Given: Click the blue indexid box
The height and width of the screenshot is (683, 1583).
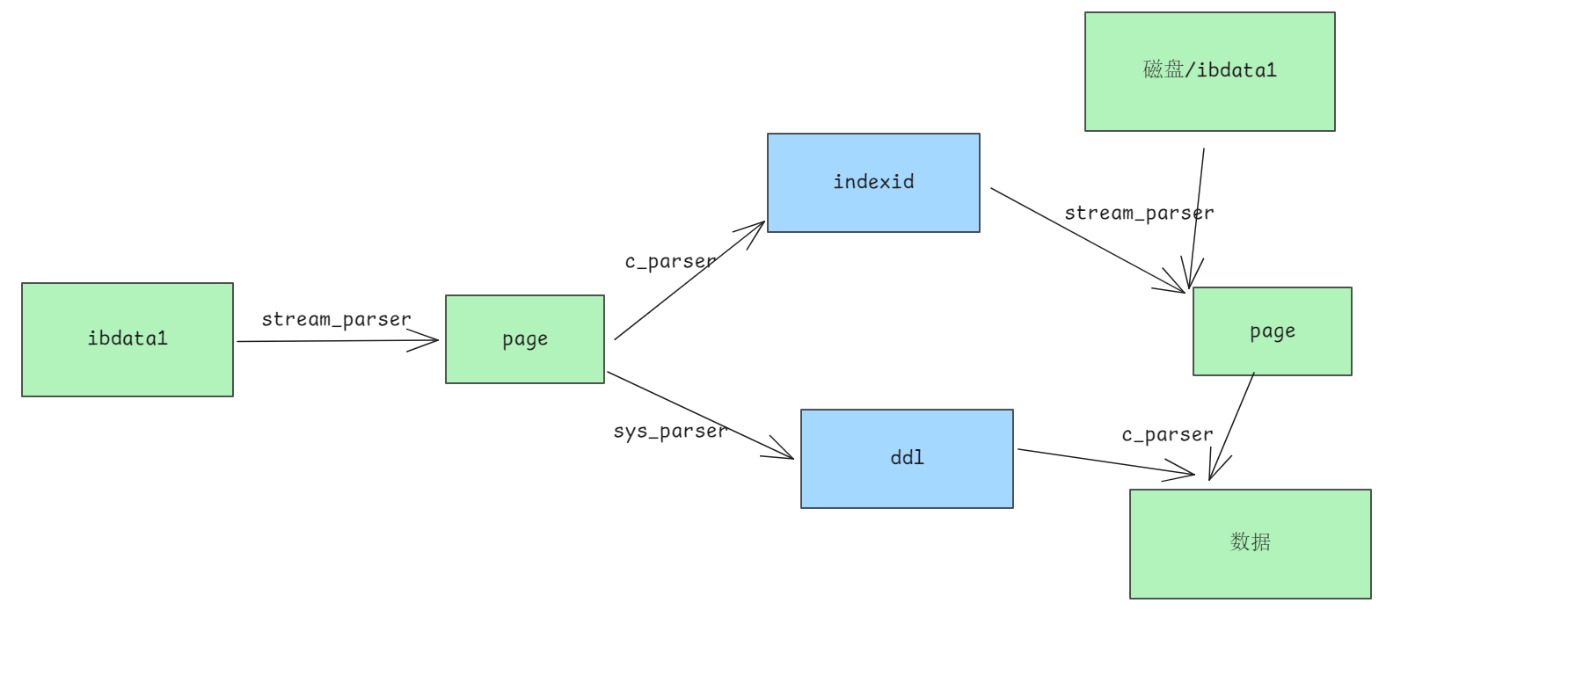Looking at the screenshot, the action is (x=873, y=183).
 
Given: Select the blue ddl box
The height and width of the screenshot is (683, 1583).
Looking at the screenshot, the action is (x=907, y=459).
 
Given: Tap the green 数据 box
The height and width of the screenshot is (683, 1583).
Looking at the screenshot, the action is (x=1251, y=544).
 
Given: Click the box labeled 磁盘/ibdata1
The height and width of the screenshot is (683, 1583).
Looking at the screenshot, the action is (x=1210, y=71).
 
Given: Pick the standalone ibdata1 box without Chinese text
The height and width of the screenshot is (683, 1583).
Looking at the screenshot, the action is (x=128, y=339).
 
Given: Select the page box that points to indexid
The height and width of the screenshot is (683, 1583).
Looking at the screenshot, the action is (x=525, y=339).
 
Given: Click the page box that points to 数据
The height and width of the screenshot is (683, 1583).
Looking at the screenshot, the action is (x=1273, y=331).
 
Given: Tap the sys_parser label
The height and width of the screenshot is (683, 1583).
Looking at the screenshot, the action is (x=671, y=431).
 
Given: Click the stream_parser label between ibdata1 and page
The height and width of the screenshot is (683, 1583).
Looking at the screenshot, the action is (x=336, y=319).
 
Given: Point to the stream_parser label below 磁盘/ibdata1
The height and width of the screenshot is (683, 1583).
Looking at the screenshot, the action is (x=1139, y=213).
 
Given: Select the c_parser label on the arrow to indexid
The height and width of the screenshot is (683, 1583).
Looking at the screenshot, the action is (x=670, y=261).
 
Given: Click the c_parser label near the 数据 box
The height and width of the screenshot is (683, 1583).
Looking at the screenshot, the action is (x=1167, y=434).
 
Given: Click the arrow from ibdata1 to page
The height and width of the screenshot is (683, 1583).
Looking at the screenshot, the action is (x=338, y=341).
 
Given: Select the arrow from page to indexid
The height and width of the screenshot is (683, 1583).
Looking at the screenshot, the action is (x=689, y=280).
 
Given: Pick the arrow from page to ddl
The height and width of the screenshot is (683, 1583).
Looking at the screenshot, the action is (x=700, y=415).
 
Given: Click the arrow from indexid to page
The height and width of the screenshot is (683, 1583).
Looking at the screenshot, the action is (x=1088, y=240).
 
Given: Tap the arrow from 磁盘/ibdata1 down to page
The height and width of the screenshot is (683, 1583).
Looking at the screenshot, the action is (x=1196, y=218).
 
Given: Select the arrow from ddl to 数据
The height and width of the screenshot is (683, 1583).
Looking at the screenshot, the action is (x=1106, y=462).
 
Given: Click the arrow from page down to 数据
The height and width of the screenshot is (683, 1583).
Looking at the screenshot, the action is (x=1231, y=426).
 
